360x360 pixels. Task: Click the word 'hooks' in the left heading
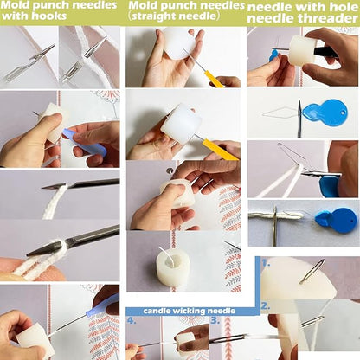point(50,16)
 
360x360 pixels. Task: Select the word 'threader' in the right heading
point(329,19)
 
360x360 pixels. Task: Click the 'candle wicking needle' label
point(190,311)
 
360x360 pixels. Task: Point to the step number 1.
point(266,263)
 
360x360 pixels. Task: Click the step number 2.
point(266,305)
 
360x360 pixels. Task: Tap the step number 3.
point(215,320)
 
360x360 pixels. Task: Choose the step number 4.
point(132,320)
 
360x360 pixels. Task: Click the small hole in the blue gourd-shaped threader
point(343,111)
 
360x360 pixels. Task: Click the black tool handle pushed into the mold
point(325,52)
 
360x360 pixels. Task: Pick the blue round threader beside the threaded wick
point(337,221)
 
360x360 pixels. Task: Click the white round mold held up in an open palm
point(179,42)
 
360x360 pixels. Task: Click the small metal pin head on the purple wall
point(170,170)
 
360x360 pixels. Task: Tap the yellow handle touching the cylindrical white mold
point(220,149)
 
